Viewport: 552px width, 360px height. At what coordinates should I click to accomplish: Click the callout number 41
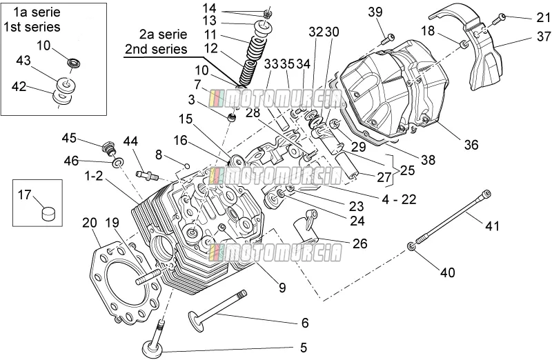(x=492, y=226)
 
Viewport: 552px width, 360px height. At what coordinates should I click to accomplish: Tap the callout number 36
(x=471, y=145)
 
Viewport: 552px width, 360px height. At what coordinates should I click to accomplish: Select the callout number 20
(x=90, y=223)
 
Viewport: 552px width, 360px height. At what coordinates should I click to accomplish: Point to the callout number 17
(x=25, y=194)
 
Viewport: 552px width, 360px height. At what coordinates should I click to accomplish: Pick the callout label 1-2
(x=94, y=176)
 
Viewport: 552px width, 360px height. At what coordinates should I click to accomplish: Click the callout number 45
(x=69, y=138)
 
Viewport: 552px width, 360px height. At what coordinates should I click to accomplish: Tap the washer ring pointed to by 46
(x=117, y=163)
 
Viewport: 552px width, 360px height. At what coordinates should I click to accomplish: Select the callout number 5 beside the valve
(x=304, y=348)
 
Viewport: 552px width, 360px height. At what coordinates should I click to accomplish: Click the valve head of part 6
(x=196, y=321)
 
